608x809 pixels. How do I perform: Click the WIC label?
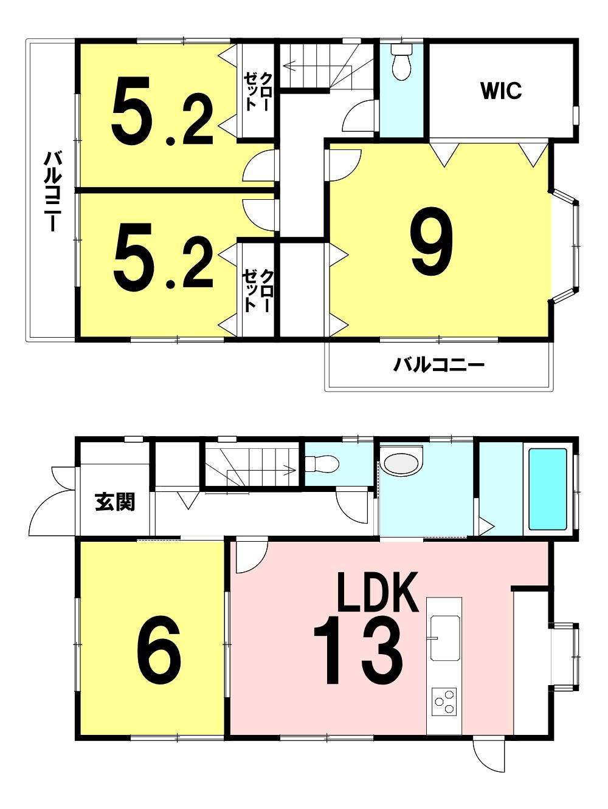point(501,90)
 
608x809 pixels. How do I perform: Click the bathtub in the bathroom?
point(547,489)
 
